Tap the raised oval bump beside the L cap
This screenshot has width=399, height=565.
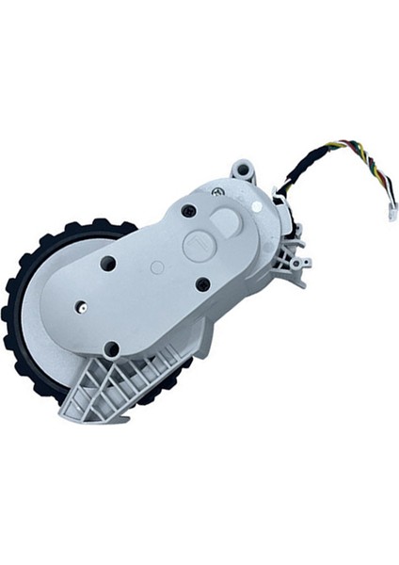(x=227, y=224)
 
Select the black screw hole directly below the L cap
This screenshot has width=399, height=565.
(x=203, y=282)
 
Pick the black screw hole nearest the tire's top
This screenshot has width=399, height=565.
(x=107, y=264)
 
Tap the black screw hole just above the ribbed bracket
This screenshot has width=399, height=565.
(x=112, y=348)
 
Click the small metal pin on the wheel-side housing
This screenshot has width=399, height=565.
(x=82, y=306)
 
